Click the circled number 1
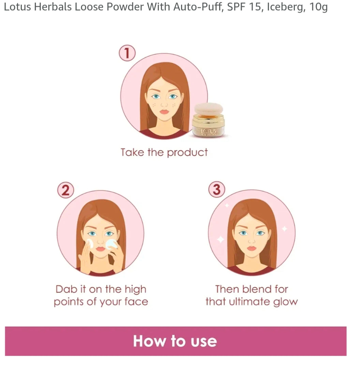pos(127,53)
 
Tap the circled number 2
pos(65,190)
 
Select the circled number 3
pos(217,189)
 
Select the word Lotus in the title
pos(17,7)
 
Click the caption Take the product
pos(164,153)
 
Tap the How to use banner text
pos(175,341)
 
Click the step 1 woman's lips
pos(164,111)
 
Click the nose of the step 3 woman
pos(252,240)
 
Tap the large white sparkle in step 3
pos(221,239)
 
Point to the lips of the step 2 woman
pos(101,249)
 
